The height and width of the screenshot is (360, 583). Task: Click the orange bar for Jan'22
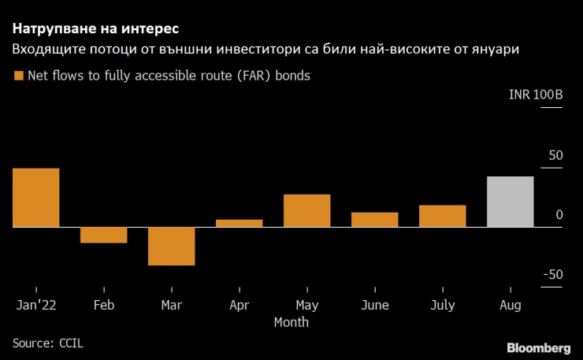pos(35,198)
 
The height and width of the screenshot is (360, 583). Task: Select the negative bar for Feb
pos(104,235)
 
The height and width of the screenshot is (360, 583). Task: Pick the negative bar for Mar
pos(172,246)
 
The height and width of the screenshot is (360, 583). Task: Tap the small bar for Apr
pos(240,223)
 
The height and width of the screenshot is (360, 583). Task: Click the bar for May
pos(307,210)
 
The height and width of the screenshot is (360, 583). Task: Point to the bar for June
pos(375,220)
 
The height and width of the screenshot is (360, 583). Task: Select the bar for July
pos(443,216)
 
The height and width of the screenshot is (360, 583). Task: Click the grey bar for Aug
pos(511,202)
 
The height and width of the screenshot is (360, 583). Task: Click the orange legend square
pos(18,76)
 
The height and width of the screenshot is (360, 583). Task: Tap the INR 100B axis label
pos(536,95)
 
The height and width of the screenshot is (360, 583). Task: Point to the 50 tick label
pos(555,155)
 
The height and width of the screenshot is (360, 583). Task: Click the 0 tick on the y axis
pos(559,215)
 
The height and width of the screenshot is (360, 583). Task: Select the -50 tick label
pos(552,274)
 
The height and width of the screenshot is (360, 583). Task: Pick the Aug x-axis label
pos(511,305)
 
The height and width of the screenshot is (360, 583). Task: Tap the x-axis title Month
pos(291,322)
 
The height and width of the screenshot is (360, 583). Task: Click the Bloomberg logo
pos(538,347)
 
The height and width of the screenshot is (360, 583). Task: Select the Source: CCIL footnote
pos(47,343)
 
